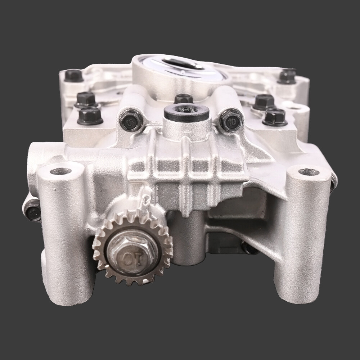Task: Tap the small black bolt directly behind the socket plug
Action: pos(183,98)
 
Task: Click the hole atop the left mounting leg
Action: pos(60,171)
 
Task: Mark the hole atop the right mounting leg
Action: pos(309,172)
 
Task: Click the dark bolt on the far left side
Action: pos(33,211)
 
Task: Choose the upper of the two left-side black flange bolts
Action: pos(86,99)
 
